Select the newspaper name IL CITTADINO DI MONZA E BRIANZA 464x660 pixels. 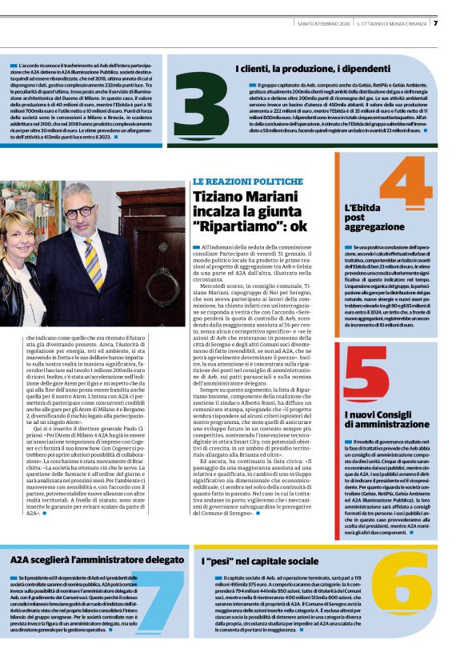click(x=392, y=23)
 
